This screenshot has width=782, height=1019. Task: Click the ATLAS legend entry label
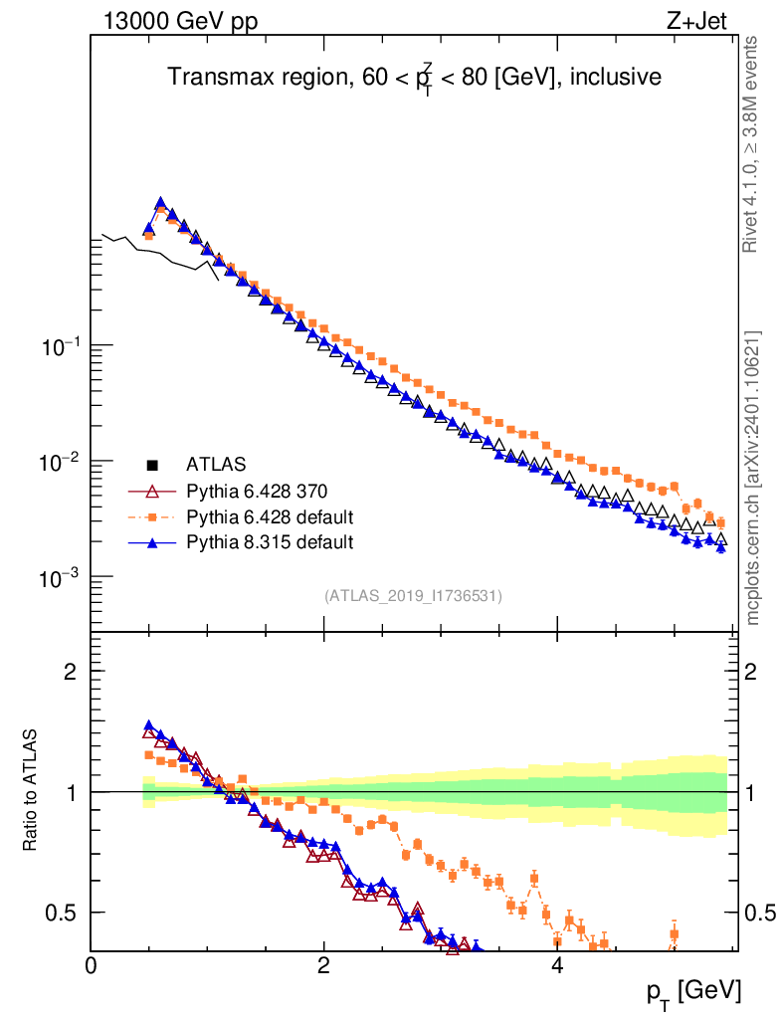216,464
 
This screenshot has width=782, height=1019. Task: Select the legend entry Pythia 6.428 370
257,491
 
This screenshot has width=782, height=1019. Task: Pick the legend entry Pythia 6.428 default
270,516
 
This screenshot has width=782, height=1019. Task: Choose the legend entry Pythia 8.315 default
270,542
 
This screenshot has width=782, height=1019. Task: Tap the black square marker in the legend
152,464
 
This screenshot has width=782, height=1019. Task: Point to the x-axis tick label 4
557,966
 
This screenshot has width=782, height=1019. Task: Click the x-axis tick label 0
92,966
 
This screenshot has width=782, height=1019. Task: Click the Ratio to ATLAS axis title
30,791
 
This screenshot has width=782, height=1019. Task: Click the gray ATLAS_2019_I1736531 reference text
413,596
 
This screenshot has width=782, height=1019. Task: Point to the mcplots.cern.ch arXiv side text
753,478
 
